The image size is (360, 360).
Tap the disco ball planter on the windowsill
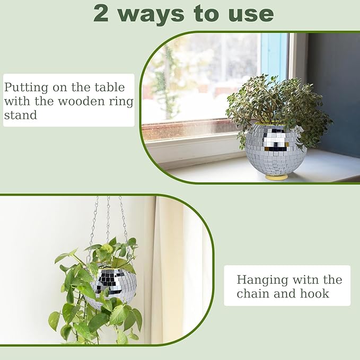tap(275, 150)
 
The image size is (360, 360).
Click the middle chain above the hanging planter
tap(108, 217)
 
